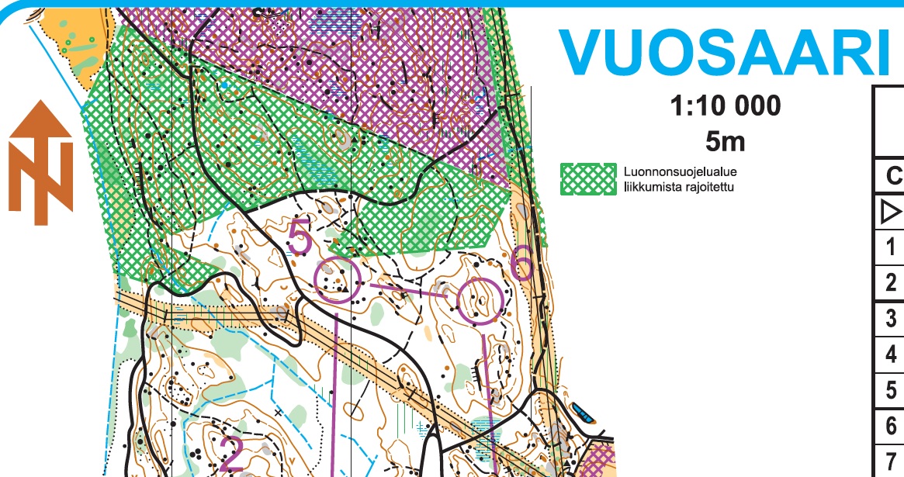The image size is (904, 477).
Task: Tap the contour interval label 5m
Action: (726, 140)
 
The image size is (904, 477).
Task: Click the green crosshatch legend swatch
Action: (587, 178)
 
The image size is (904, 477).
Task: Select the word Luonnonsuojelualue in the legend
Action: (670, 171)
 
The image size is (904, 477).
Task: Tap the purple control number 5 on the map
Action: (300, 238)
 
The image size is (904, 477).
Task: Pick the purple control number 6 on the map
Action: (522, 263)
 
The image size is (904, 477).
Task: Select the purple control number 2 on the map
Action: (230, 453)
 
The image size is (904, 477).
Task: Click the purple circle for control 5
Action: (338, 279)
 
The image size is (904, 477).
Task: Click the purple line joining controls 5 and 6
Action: (408, 290)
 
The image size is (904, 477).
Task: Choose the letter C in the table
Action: (893, 176)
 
